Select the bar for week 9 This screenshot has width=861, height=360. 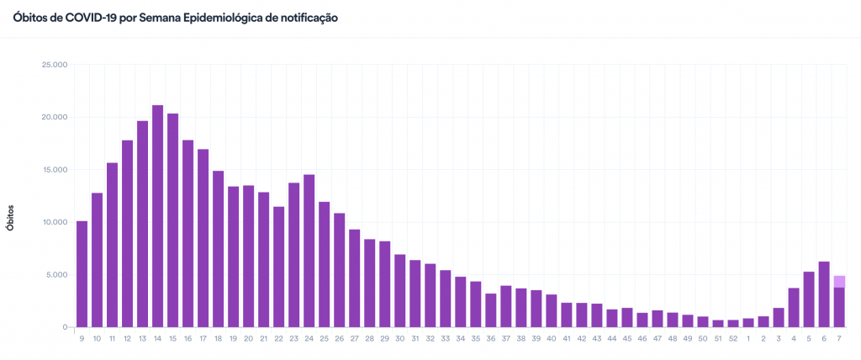coord(82,274)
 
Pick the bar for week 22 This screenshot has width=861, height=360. coord(278,267)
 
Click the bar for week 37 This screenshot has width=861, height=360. coord(505,306)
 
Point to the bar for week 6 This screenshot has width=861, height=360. coord(824,294)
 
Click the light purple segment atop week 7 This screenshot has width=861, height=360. coord(839,282)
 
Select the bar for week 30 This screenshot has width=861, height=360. coord(399,290)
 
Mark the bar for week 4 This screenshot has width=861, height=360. coord(794,307)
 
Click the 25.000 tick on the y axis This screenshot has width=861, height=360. coord(54,64)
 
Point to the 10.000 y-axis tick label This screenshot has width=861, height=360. coord(54,222)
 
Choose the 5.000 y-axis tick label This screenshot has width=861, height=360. coord(56,275)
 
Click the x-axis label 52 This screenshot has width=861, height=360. coord(733,338)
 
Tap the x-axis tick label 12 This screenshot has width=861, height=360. coord(127,338)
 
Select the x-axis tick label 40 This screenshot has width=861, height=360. coord(551,338)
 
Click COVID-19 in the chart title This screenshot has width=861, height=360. coord(87,18)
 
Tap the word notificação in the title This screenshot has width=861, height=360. coord(308,18)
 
